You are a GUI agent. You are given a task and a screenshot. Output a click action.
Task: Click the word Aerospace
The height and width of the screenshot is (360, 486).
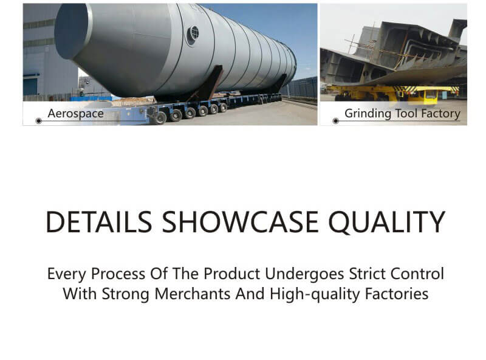click(x=75, y=114)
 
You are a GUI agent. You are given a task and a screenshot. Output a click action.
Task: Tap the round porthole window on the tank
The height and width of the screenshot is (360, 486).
click(x=193, y=34)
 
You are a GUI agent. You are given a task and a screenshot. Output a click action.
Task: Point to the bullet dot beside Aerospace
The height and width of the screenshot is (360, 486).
click(x=39, y=121)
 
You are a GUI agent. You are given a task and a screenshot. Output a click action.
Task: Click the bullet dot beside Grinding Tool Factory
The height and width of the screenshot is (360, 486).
click(x=336, y=121)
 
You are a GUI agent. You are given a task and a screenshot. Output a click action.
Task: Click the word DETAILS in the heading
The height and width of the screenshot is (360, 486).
click(x=99, y=222)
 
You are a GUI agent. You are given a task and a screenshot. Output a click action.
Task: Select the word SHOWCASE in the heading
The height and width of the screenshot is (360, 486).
click(x=240, y=222)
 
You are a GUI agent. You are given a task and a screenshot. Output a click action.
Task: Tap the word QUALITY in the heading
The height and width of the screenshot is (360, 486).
click(x=387, y=223)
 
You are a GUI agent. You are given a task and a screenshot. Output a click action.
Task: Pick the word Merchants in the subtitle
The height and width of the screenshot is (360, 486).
click(x=192, y=294)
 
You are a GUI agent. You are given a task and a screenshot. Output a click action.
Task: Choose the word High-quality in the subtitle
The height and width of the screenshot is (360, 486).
click(x=315, y=294)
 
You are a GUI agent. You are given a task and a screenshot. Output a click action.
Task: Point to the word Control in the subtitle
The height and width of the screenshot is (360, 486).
click(x=417, y=274)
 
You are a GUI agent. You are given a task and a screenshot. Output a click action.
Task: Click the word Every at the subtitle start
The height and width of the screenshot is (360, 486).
click(x=67, y=274)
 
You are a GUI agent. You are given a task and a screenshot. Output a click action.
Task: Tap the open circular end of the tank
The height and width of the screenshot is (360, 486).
click(x=72, y=32)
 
